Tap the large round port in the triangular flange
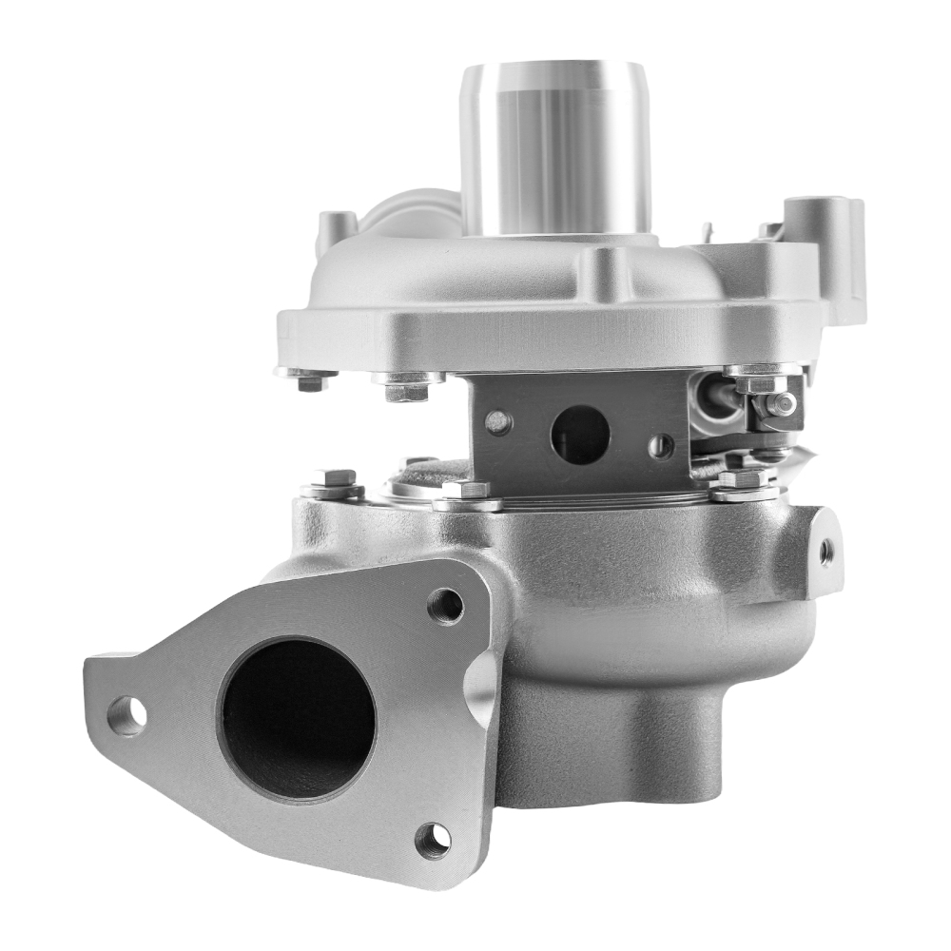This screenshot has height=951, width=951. (x=297, y=718)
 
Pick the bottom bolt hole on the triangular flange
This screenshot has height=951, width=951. (x=434, y=838)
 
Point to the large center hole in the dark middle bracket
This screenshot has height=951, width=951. (x=579, y=435)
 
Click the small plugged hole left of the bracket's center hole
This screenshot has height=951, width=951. (x=497, y=422)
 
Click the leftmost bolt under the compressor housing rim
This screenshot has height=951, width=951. (x=309, y=379)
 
